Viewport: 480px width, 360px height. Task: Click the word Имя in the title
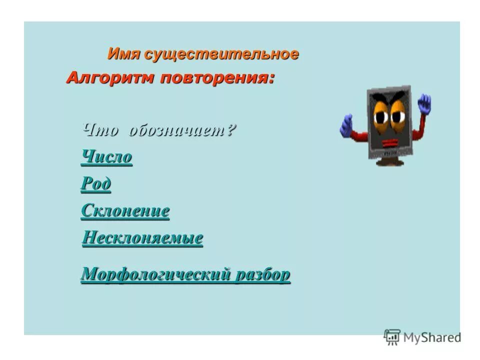coord(124,54)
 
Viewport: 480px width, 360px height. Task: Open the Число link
coord(106,157)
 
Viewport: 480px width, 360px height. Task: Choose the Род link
coord(95,184)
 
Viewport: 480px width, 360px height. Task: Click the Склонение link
coord(125,211)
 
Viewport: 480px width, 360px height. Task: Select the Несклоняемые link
coord(142,237)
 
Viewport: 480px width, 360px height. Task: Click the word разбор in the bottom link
coord(263,274)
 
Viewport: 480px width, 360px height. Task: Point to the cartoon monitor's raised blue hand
coord(424,103)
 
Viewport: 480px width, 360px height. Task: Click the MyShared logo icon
coord(392,337)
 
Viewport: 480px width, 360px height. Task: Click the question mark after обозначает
coord(231,130)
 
